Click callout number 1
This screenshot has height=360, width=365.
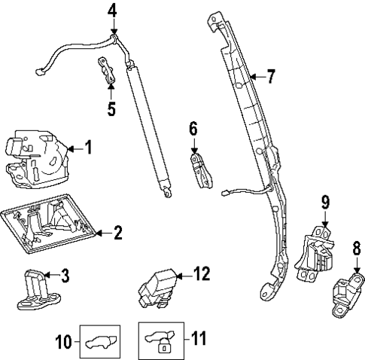(x=88, y=148)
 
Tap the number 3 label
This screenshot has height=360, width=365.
(x=65, y=276)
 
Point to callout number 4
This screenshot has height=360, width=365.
(x=112, y=11)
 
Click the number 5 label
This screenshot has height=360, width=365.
(x=111, y=108)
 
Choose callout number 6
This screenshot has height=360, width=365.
(x=193, y=130)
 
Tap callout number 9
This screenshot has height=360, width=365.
(x=325, y=202)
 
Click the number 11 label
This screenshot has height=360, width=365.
(x=198, y=338)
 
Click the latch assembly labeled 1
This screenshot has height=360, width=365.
(x=38, y=156)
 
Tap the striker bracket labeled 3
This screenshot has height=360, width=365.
(x=37, y=290)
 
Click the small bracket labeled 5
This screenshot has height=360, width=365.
(x=107, y=71)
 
